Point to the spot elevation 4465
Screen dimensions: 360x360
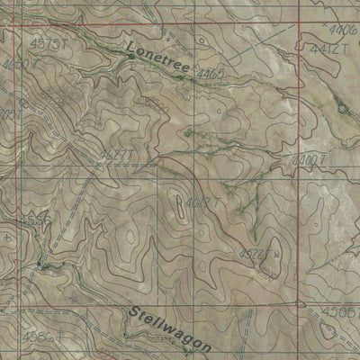[211, 72]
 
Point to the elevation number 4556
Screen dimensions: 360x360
[12, 219]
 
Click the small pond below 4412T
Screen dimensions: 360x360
[342, 109]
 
